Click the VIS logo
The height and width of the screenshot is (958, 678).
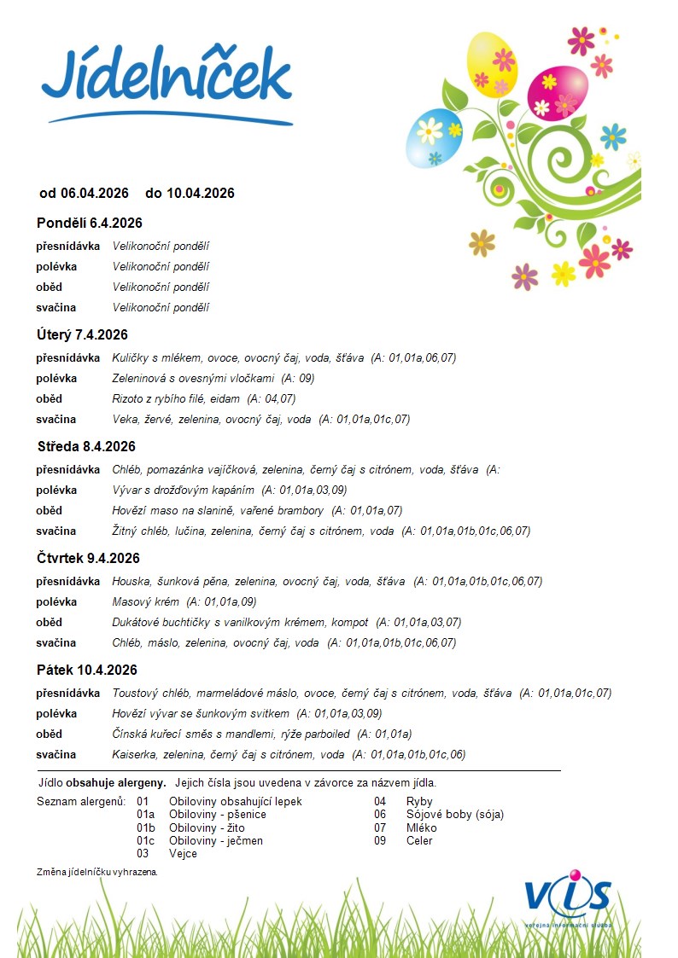[568, 897]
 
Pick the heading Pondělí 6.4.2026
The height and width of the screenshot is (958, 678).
[89, 223]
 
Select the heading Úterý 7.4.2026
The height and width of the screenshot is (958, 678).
[82, 334]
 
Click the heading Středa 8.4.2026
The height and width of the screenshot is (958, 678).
[86, 446]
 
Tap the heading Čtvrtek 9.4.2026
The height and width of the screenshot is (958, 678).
[88, 558]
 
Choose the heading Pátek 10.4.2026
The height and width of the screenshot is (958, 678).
[86, 670]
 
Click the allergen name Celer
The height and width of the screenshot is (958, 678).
[419, 840]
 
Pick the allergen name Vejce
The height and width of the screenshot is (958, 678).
[183, 853]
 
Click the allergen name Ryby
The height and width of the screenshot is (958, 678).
[419, 801]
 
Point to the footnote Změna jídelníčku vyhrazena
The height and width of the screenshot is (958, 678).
[97, 872]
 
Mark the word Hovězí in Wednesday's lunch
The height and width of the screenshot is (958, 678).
[131, 510]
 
